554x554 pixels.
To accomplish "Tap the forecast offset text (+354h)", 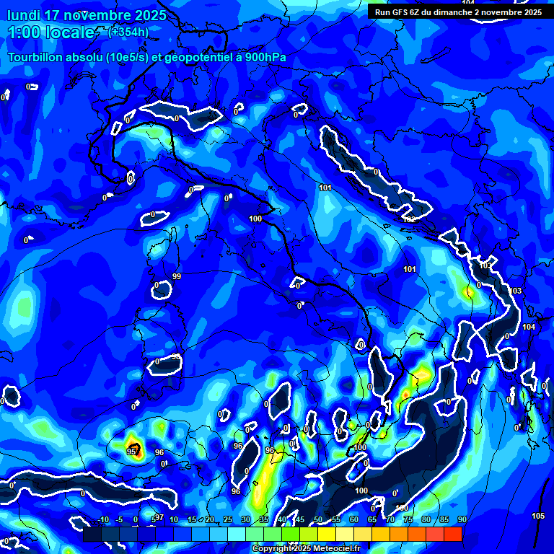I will point(128,32).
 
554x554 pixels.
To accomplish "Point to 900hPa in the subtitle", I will point(254,58).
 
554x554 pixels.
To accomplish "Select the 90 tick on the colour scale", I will point(462,520).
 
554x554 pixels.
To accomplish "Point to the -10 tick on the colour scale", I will point(102,520).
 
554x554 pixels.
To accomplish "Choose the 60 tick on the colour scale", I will point(353,520).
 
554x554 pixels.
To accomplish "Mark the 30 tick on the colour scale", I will point(245,520).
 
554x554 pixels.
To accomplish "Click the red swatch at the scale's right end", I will point(453,534).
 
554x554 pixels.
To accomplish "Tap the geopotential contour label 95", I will point(131,452).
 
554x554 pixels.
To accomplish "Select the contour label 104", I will point(529,327).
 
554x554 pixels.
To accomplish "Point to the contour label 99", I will point(177,276).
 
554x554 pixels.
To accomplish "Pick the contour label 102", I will point(409,219).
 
